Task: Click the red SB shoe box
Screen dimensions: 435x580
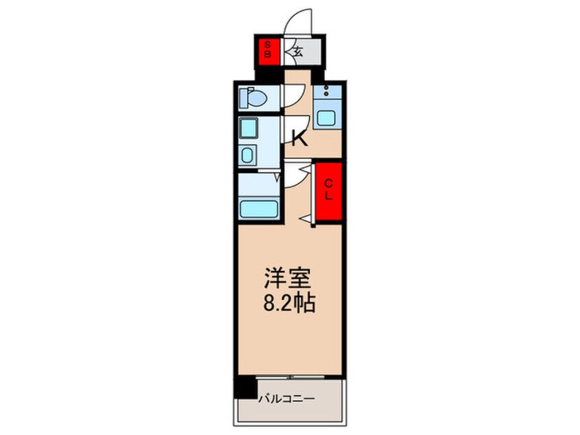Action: pos(268,49)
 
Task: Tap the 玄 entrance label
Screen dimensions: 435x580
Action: pos(299,50)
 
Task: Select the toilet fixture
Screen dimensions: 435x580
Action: pos(254,99)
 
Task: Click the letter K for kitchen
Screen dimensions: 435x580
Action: pos(299,139)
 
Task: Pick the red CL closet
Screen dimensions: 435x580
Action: pos(328,191)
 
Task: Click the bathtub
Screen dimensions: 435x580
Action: pos(258,209)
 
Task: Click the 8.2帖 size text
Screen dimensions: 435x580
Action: pos(288,303)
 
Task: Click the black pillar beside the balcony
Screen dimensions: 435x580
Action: pos(243,387)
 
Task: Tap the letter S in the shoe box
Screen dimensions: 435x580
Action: pos(268,44)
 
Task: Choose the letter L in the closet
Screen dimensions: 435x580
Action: pos(328,196)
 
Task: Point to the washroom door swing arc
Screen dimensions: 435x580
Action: pos(291,175)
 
